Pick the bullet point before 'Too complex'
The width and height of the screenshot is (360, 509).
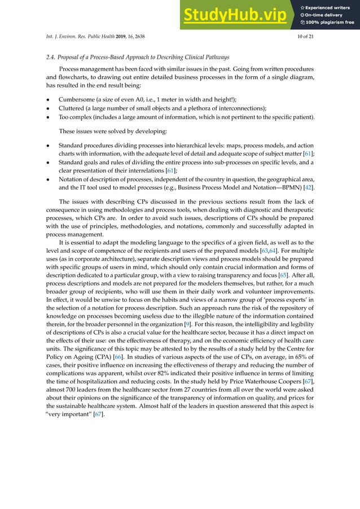[x=48, y=117]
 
